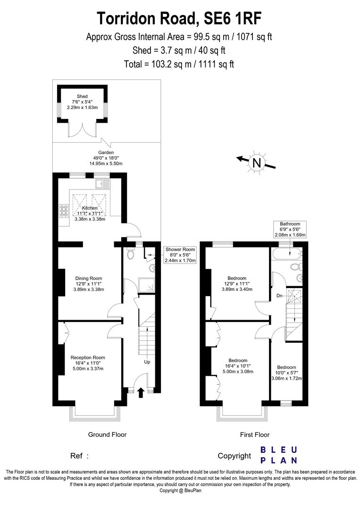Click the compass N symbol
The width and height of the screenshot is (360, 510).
(257, 163)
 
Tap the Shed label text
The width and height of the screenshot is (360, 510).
(83, 96)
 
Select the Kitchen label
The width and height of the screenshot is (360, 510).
(90, 208)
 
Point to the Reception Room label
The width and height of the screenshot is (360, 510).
(88, 357)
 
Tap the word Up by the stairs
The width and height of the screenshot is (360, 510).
(147, 362)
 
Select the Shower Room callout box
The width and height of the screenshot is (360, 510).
(180, 255)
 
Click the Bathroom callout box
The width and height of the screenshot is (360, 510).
(290, 229)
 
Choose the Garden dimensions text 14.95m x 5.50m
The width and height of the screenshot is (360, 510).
(106, 164)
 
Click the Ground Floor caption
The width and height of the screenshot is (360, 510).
(108, 434)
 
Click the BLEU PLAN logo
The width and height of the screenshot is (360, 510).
(279, 455)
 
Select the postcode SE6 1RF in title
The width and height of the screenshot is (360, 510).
(232, 18)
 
